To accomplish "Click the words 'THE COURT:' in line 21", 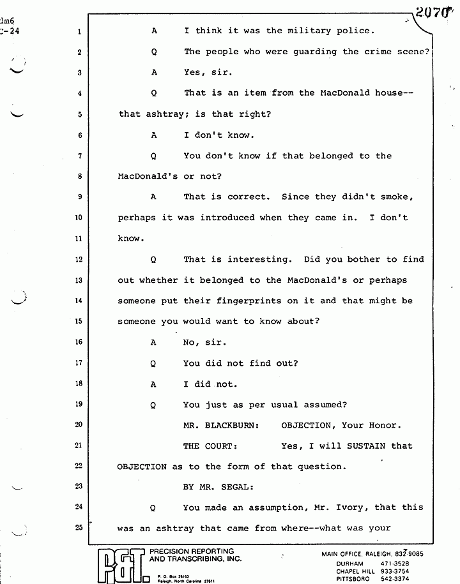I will pos(209,446).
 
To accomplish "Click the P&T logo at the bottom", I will pos(121,563).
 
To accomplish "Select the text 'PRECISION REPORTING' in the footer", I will pos(191,551).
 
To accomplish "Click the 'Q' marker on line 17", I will pos(153,364).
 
